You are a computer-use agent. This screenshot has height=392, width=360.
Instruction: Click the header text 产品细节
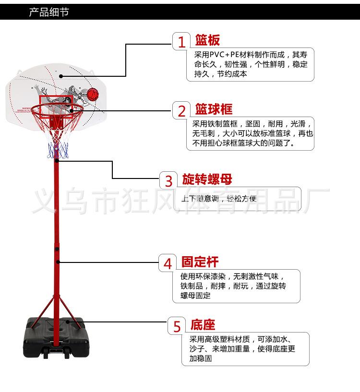pyautogui.click(x=49, y=12)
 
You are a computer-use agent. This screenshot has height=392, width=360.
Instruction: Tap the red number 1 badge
pyautogui.click(x=181, y=42)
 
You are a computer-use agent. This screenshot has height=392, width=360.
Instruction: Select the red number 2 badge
pyautogui.click(x=181, y=111)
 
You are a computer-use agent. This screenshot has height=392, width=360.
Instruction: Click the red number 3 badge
pyautogui.click(x=168, y=181)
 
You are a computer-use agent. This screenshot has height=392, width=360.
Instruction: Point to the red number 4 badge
pyautogui.click(x=168, y=263)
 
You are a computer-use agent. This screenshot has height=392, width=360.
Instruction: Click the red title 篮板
pyautogui.click(x=207, y=40)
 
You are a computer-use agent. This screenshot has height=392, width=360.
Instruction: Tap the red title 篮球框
pyautogui.click(x=214, y=109)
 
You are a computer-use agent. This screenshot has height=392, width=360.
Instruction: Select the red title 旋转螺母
pyautogui.click(x=207, y=179)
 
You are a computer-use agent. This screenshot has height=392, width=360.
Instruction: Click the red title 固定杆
pyautogui.click(x=200, y=262)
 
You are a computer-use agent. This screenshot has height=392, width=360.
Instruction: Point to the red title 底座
pyautogui.click(x=203, y=325)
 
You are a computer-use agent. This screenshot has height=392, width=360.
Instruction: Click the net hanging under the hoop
pyautogui.click(x=58, y=139)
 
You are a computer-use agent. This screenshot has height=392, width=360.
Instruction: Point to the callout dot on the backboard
pyautogui.click(x=61, y=76)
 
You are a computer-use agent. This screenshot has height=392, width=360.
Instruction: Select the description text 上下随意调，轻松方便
pyautogui.click(x=219, y=199)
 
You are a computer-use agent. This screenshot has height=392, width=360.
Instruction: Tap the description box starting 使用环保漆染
pyautogui.click(x=236, y=286)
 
